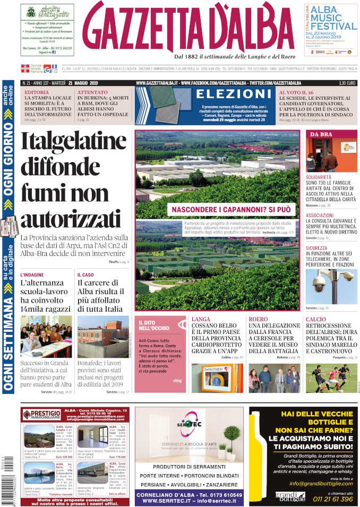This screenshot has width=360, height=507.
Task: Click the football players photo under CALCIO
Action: pos(331,377)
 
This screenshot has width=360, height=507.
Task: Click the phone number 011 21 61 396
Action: pos(333,499)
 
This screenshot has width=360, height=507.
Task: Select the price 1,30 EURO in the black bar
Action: pos(346,83)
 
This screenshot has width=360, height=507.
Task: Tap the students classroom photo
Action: pos(46,336)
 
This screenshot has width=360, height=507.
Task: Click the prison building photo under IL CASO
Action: pos(102,336)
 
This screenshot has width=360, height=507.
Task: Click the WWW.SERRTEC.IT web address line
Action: pos(189,500)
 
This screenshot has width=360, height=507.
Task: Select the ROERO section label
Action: pos(258,319)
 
